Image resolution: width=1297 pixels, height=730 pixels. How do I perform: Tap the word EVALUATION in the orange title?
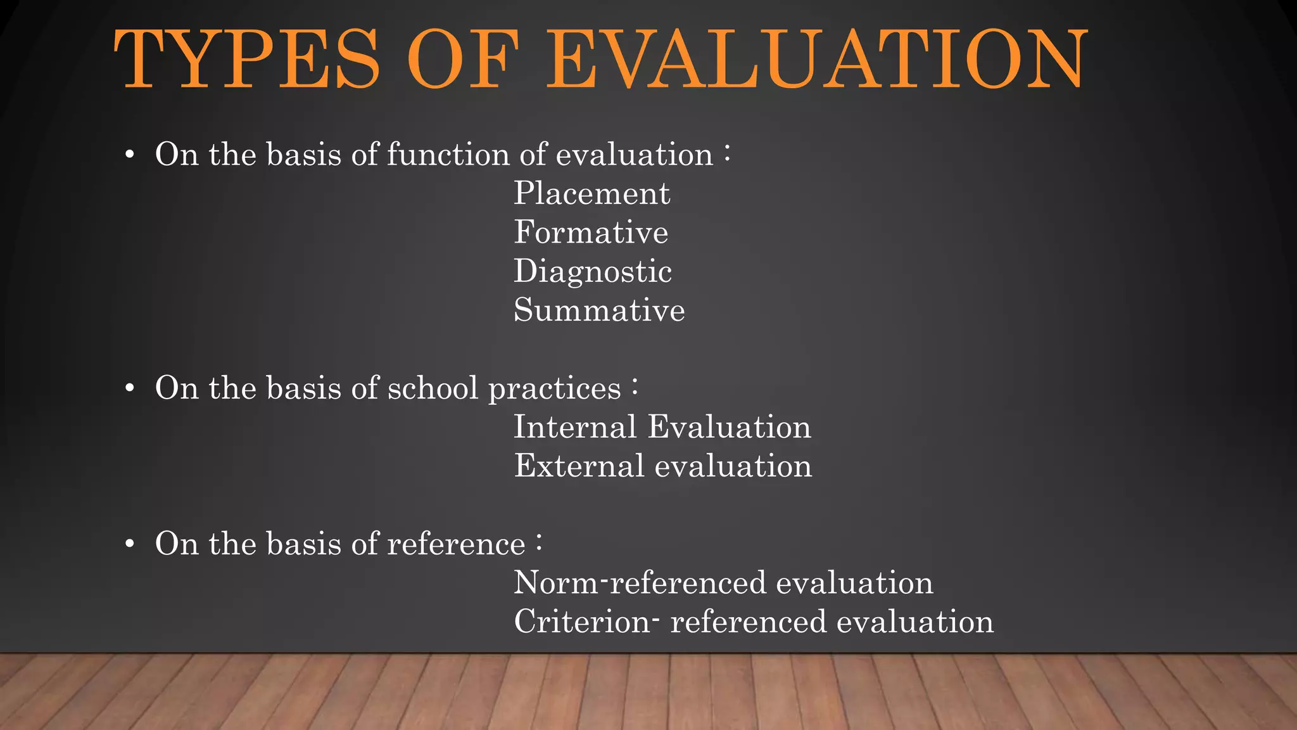(816, 60)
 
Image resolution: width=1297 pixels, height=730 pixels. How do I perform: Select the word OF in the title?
(463, 60)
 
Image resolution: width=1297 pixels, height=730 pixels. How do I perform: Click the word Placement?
(592, 193)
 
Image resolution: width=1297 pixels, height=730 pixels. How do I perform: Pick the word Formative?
(591, 232)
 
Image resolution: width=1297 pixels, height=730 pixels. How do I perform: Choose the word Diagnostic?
(592, 272)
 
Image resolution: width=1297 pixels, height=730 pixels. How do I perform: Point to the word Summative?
(599, 310)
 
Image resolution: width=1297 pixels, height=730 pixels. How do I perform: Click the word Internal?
(574, 426)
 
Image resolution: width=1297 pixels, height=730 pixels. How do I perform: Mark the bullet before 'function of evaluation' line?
(130, 155)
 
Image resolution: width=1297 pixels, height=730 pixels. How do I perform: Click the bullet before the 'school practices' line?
(130, 388)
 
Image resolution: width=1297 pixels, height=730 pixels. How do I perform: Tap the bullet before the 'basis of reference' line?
(130, 544)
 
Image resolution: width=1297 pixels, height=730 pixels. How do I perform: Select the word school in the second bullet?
(433, 388)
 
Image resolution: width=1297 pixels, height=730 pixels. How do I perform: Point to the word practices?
(555, 389)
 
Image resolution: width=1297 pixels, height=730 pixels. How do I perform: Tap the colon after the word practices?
(635, 387)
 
